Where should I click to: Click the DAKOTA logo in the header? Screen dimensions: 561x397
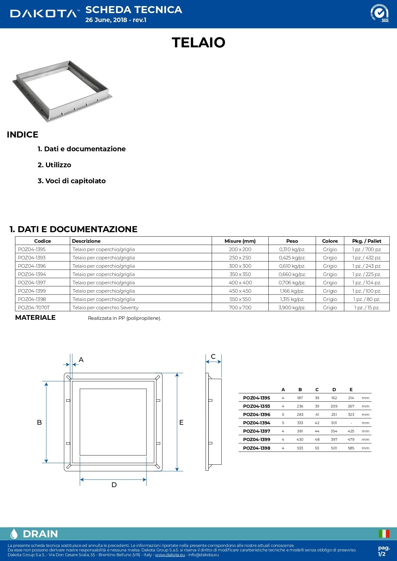click(x=44, y=13)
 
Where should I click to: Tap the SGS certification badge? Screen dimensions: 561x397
click(x=379, y=13)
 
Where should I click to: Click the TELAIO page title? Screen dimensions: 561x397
click(x=198, y=43)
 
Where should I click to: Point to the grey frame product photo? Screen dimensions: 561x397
click(x=62, y=91)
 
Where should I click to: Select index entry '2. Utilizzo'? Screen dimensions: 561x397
click(x=54, y=165)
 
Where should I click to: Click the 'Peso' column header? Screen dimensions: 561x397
click(x=292, y=241)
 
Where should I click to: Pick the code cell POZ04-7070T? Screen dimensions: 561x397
click(x=34, y=308)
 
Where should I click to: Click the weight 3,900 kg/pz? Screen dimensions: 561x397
click(x=292, y=308)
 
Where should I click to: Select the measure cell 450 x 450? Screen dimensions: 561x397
click(x=240, y=291)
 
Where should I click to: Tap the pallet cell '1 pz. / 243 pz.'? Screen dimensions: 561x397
click(x=367, y=266)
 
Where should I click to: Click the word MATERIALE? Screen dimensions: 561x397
click(x=35, y=318)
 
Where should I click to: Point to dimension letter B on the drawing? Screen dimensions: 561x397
click(x=39, y=423)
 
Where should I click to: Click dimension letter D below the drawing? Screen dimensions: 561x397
click(x=114, y=485)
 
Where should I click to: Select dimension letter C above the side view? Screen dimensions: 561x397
click(x=213, y=357)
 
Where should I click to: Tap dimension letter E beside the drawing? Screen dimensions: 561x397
click(x=181, y=423)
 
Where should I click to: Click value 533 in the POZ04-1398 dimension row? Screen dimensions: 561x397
click(x=300, y=448)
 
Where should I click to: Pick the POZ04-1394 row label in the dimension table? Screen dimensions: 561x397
click(x=257, y=423)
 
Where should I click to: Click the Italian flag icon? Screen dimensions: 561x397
click(x=384, y=533)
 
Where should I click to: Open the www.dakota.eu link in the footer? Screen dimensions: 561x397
click(x=170, y=555)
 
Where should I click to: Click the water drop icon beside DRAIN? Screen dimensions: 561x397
click(x=14, y=534)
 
